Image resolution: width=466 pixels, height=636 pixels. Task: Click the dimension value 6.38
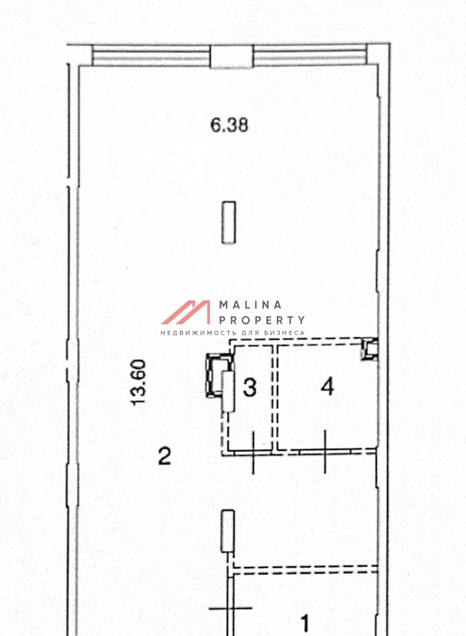click(229, 125)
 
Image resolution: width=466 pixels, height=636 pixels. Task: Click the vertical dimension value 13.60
click(138, 382)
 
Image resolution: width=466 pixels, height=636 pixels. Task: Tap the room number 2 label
click(165, 456)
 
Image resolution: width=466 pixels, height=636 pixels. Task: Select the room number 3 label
click(250, 387)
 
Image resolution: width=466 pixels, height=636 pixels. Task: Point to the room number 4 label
click(328, 386)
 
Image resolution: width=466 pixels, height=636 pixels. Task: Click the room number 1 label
click(305, 623)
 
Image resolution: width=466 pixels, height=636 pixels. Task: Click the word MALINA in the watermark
click(250, 304)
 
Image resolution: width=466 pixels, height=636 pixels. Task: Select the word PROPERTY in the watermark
click(262, 320)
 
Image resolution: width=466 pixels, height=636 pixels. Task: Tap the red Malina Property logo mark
click(186, 312)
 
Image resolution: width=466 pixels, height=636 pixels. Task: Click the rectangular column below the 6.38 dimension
click(229, 223)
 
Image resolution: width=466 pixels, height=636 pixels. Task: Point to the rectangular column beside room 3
click(229, 391)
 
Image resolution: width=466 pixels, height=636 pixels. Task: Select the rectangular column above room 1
click(227, 531)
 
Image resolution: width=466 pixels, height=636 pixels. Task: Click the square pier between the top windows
click(231, 56)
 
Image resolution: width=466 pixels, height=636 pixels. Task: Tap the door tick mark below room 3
click(253, 452)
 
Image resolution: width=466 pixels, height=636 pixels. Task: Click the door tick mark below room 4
click(325, 452)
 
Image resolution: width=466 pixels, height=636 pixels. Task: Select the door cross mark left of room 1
click(231, 608)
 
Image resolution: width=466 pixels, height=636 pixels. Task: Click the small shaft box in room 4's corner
click(370, 349)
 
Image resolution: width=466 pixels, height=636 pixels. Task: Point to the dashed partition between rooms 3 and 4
click(275, 397)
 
